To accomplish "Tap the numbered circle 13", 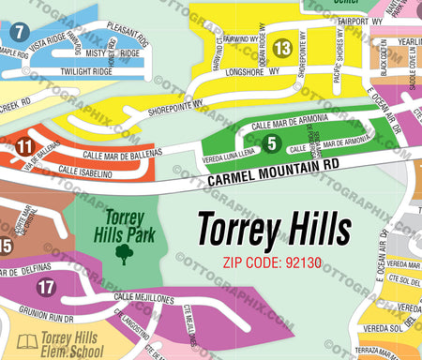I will tap(282, 48).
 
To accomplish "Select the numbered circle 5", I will tap(272, 142).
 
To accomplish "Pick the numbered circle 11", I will tap(25, 145).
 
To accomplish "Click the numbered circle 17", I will tap(47, 288).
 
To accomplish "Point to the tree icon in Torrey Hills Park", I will tap(123, 252).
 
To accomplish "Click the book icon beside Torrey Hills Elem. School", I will tap(28, 341).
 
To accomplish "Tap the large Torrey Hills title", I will tap(273, 228).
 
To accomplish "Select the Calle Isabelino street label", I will tap(85, 173).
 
